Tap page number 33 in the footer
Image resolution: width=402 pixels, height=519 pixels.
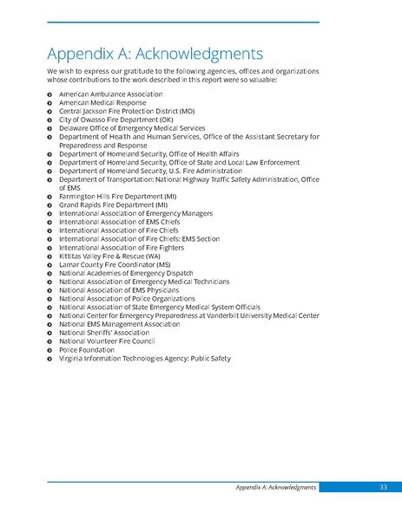[x=383, y=488]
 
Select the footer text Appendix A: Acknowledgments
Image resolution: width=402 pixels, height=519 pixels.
[x=275, y=488]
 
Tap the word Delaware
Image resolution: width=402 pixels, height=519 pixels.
[x=76, y=127]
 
